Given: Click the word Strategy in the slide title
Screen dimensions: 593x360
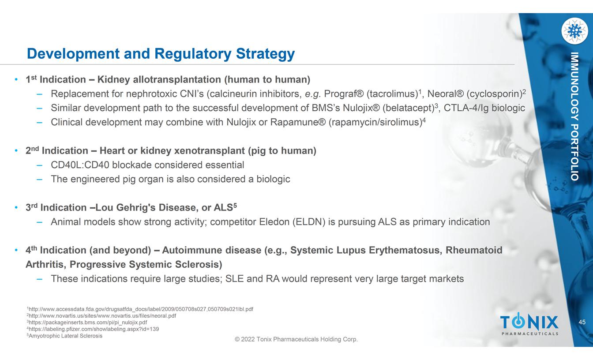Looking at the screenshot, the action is (265, 54).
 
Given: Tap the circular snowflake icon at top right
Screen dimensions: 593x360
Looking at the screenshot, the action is (574, 31).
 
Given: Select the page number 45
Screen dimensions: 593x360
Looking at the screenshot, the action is (582, 322).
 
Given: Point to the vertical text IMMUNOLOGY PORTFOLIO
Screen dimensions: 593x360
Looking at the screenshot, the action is (574, 116).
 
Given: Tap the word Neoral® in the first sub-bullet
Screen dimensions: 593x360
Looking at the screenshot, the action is (446, 94).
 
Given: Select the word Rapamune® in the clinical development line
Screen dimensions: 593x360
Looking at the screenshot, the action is (298, 122).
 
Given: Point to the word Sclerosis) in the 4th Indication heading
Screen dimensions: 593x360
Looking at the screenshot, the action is (198, 264).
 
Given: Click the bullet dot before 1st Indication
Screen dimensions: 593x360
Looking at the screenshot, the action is (16, 79).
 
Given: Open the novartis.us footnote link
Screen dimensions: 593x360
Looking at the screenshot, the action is (101, 316).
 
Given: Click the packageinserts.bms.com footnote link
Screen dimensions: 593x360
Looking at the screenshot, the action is (87, 322).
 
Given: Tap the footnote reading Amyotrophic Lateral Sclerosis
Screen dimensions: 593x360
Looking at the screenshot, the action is (64, 336).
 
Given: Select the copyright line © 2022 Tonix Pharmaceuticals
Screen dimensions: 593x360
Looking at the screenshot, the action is (296, 339).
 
